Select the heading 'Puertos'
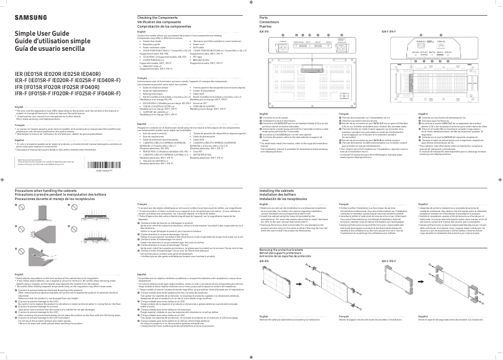[266, 27]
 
